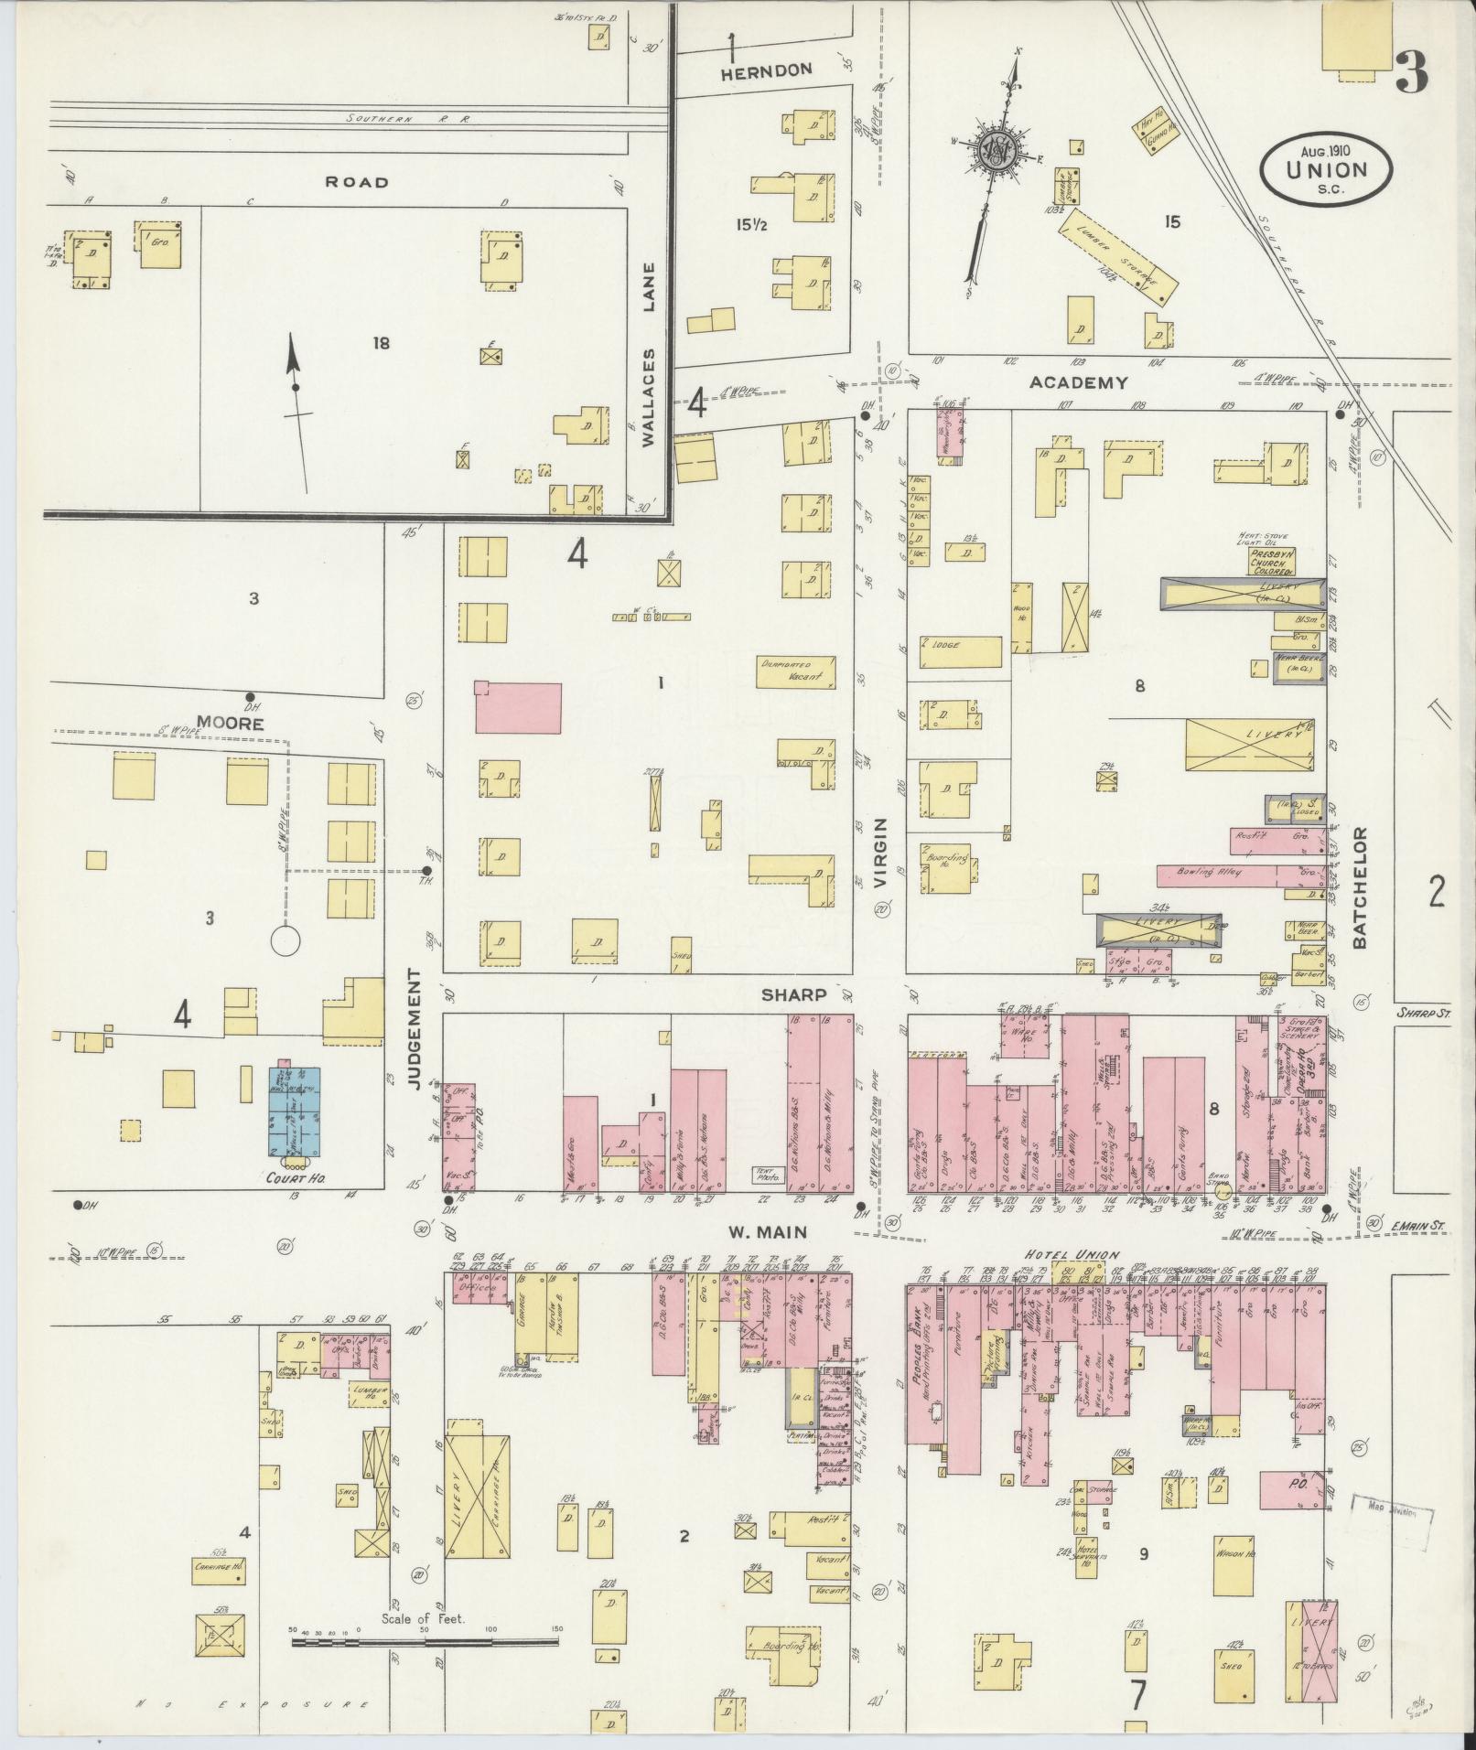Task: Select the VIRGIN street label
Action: pos(881,853)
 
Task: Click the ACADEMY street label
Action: pos(1078,382)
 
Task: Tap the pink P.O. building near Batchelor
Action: pos(1291,1489)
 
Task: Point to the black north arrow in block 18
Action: pos(295,387)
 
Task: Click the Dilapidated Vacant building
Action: pos(796,671)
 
